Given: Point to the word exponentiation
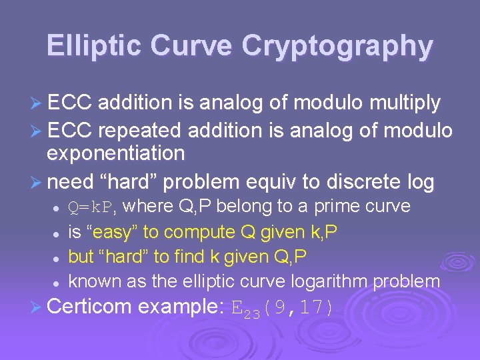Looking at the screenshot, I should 115,154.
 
